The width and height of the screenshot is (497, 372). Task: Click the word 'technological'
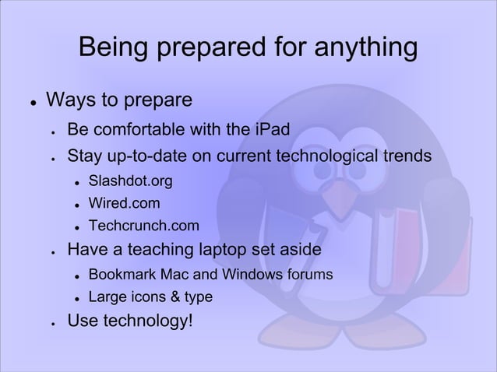(x=325, y=157)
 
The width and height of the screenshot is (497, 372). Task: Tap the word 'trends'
(x=403, y=157)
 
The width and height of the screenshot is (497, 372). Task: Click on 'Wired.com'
(x=125, y=205)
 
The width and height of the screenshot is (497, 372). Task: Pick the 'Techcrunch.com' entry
(x=144, y=227)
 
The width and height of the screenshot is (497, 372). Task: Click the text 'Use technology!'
(x=129, y=321)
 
